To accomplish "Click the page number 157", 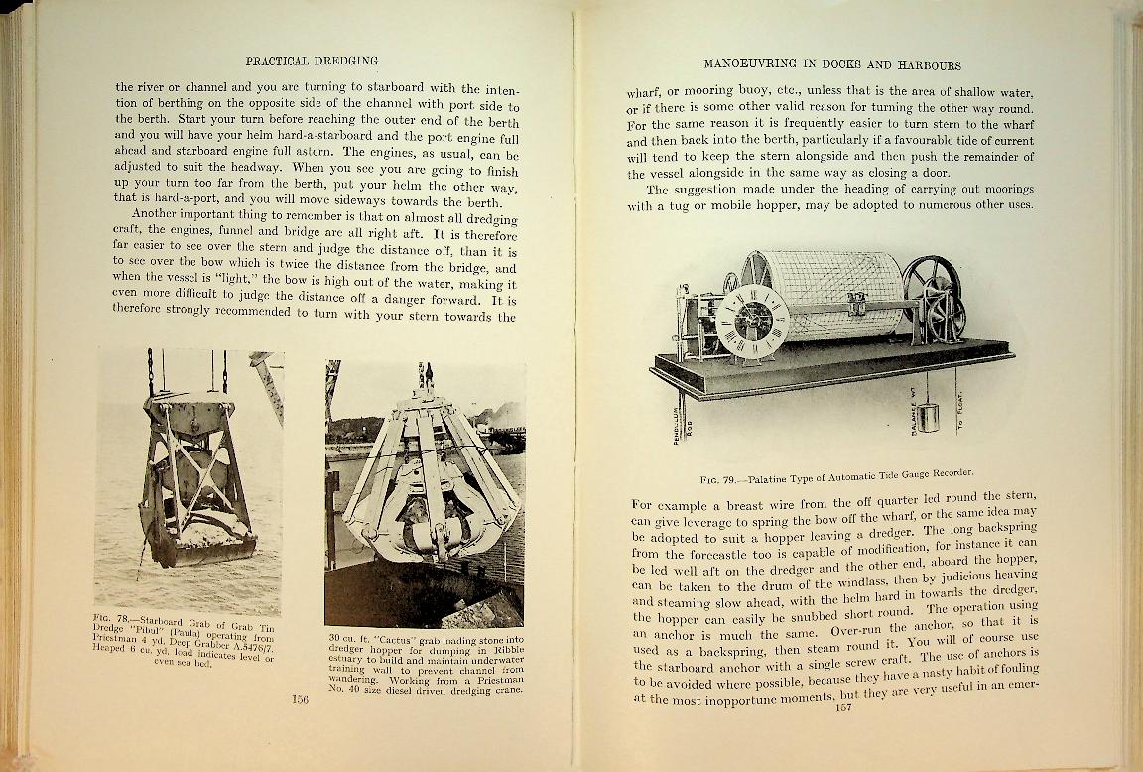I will pos(844,708).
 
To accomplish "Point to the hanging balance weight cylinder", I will pos(927,416).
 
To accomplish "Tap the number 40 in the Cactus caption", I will pos(348,689).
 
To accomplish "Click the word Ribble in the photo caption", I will pos(506,648).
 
